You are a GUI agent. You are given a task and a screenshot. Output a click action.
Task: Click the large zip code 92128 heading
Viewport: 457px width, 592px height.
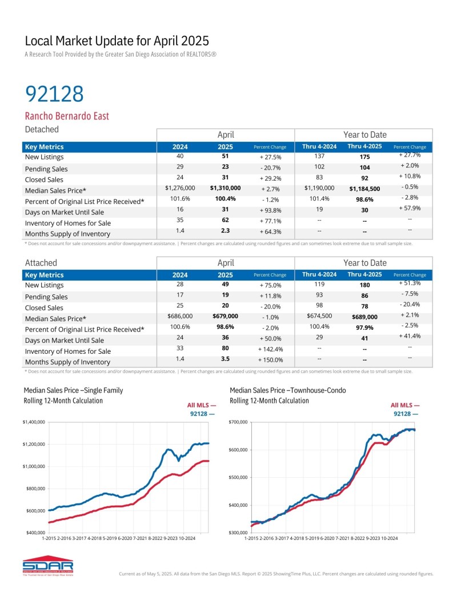pyautogui.click(x=55, y=94)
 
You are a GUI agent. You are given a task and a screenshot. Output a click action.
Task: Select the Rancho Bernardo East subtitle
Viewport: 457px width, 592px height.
pyautogui.click(x=67, y=116)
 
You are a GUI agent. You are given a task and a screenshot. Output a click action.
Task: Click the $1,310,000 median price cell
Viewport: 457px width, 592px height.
pyautogui.click(x=225, y=187)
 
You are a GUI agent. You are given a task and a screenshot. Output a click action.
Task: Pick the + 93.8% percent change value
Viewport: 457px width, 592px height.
pyautogui.click(x=270, y=210)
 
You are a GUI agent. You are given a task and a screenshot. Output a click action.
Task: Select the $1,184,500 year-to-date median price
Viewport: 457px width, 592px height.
pyautogui.click(x=364, y=189)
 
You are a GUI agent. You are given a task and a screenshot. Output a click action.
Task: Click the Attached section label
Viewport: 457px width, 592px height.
pyautogui.click(x=41, y=263)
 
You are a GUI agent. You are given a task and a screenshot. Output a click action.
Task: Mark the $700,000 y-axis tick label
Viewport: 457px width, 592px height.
pyautogui.click(x=238, y=422)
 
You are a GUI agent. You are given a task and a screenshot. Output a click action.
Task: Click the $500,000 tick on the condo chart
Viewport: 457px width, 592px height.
pyautogui.click(x=238, y=478)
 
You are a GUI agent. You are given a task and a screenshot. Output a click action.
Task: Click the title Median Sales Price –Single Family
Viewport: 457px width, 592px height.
pyautogui.click(x=73, y=390)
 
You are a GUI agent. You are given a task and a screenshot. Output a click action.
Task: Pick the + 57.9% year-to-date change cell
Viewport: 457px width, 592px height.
pyautogui.click(x=410, y=209)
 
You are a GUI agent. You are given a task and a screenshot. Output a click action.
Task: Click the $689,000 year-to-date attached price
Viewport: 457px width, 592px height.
pyautogui.click(x=364, y=317)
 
